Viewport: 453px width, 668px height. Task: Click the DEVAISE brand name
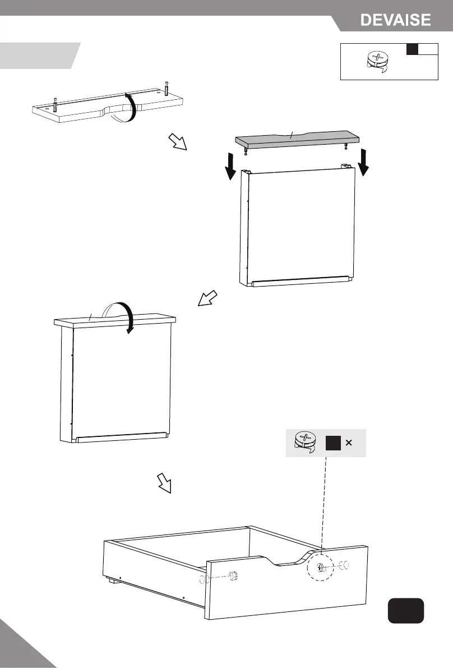pyautogui.click(x=395, y=21)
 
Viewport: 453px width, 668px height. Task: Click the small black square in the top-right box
pyautogui.click(x=413, y=49)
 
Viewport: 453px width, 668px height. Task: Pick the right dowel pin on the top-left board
pyautogui.click(x=167, y=89)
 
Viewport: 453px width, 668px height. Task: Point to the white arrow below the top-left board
pyautogui.click(x=178, y=143)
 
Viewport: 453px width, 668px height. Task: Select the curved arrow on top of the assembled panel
pyautogui.click(x=119, y=315)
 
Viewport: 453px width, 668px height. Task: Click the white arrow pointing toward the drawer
pyautogui.click(x=164, y=482)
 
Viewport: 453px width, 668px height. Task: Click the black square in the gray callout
pyautogui.click(x=333, y=443)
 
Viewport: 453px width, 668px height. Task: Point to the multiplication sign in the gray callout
pyautogui.click(x=349, y=443)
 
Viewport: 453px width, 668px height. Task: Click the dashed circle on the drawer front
pyautogui.click(x=320, y=568)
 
